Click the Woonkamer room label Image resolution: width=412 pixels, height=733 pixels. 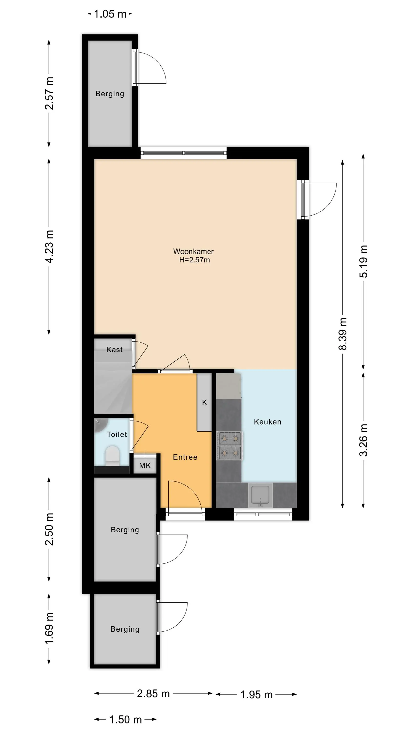(x=193, y=252)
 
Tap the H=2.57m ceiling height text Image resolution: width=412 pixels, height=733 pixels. (x=195, y=260)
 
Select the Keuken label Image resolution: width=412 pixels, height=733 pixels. (x=268, y=422)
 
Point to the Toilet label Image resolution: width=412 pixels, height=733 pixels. (x=117, y=434)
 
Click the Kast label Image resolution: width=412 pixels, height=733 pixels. (x=114, y=349)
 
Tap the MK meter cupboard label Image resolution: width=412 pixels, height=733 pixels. (x=145, y=465)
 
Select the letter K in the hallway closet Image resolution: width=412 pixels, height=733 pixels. (x=205, y=402)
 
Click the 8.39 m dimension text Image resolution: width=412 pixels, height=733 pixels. (x=343, y=334)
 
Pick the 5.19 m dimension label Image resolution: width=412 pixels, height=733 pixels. (x=364, y=261)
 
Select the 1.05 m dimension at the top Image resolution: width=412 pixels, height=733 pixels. (x=110, y=14)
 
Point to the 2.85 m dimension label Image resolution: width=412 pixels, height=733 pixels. (x=153, y=693)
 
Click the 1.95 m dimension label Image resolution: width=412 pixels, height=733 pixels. (x=257, y=695)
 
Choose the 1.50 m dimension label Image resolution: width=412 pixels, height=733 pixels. (x=125, y=720)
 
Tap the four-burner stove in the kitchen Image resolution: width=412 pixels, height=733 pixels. (x=229, y=446)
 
